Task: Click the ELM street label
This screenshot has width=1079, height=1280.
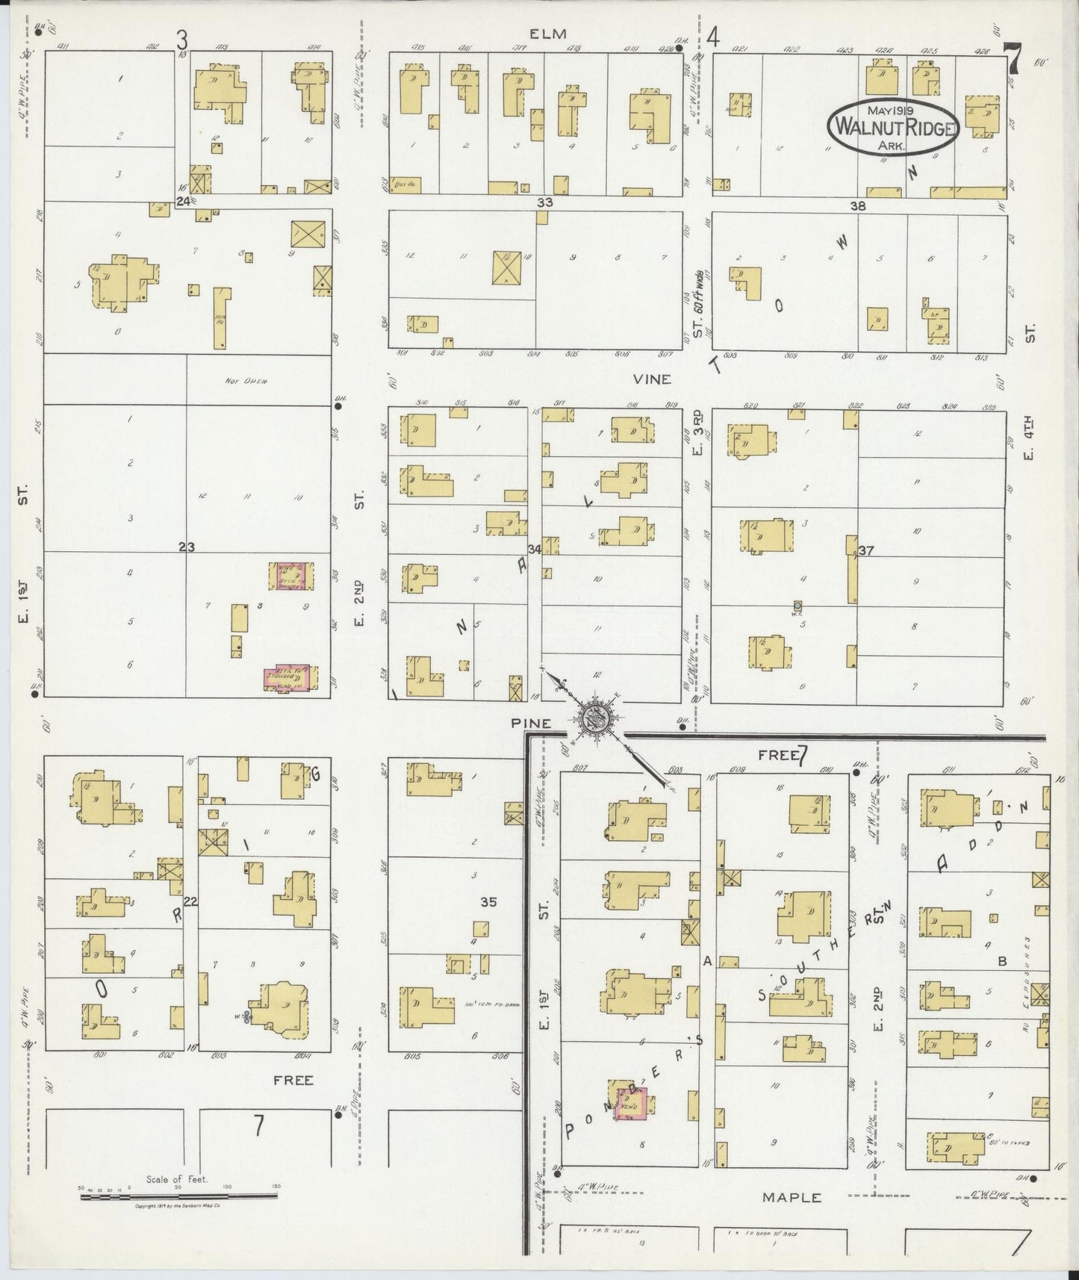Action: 548,34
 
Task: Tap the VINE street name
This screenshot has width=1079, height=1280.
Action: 652,379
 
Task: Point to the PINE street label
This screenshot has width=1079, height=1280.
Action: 532,723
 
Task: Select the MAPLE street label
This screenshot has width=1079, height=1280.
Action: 792,1197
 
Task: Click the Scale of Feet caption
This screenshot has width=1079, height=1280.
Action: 177,1180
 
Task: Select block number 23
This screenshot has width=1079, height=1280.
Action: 187,547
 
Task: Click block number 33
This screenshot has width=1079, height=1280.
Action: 545,202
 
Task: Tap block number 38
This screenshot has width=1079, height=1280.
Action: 858,205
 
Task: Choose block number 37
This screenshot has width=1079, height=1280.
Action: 866,551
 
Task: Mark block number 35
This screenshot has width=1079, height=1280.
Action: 488,902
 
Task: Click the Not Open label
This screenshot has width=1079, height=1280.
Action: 246,381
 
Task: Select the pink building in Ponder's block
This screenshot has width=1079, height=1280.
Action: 629,1104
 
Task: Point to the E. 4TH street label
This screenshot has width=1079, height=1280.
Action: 1028,443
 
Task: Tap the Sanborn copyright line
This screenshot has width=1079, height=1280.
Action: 176,1207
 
